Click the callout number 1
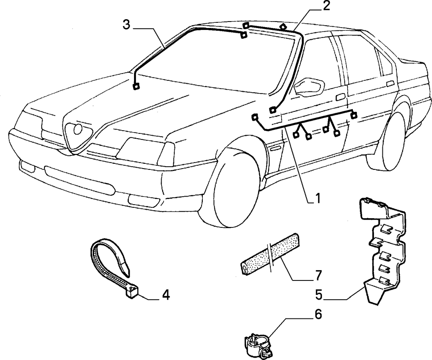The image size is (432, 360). (317, 198)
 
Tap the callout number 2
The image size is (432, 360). (326, 6)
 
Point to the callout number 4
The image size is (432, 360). (166, 295)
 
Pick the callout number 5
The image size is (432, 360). (318, 295)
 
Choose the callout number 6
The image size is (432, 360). (318, 314)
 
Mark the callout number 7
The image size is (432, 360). (318, 275)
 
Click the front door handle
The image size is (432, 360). (341, 97)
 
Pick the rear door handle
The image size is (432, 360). (390, 84)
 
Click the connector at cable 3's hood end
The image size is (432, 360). (136, 86)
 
